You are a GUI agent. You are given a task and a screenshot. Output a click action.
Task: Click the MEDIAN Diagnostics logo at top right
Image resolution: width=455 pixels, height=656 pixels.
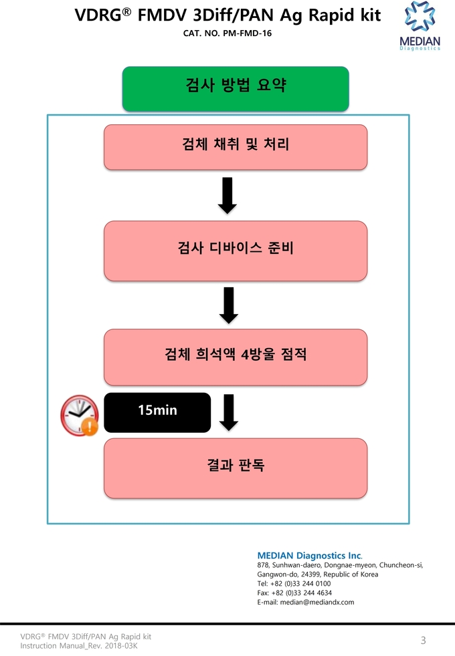click(420, 26)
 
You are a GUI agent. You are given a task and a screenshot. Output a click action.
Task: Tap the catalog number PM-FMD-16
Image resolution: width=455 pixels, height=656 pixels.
click(247, 33)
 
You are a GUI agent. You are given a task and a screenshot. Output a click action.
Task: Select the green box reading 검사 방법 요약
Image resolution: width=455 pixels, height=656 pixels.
click(236, 89)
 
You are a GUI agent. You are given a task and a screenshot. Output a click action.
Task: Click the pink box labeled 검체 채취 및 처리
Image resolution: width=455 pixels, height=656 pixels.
click(236, 147)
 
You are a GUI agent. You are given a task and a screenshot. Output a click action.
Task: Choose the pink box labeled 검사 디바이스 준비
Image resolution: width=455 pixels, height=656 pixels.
click(236, 251)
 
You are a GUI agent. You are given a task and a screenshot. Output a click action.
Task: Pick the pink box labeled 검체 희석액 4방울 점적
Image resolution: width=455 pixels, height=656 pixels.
click(236, 357)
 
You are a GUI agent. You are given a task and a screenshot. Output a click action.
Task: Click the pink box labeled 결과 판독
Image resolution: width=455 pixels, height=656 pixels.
click(236, 468)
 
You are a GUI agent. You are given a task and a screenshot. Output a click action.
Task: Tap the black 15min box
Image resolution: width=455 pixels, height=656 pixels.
click(157, 412)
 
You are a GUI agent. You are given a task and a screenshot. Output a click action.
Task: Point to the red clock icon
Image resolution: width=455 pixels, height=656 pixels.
click(79, 415)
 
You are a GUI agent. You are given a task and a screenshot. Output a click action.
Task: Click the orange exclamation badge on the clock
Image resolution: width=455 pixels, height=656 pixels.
click(89, 427)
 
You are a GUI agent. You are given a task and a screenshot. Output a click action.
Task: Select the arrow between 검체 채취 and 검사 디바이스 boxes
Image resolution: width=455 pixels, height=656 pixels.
click(227, 195)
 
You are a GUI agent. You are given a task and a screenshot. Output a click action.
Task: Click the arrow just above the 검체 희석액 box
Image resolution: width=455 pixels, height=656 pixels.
click(229, 305)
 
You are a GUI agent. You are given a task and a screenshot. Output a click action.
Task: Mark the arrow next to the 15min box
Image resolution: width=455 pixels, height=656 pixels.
click(229, 412)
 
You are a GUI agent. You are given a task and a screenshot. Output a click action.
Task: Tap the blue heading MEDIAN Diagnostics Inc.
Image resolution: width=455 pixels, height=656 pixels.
click(310, 556)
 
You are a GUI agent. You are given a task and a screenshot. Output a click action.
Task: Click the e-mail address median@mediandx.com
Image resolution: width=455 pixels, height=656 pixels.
click(317, 602)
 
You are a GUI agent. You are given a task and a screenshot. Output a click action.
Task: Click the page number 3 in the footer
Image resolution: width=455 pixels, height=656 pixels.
click(423, 640)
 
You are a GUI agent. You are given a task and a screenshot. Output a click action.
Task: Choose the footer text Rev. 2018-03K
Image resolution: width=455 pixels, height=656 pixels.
click(119, 645)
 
